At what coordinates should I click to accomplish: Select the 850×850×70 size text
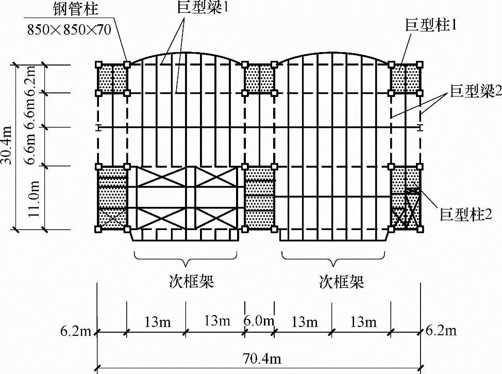pos(68,30)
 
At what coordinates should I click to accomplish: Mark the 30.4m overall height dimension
pos(7,147)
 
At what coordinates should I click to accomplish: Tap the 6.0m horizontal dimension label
pos(259,321)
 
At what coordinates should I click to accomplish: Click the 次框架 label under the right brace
pos(341,282)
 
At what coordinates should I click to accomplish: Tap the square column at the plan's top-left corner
pos(98,64)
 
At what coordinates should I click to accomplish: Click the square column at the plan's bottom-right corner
pos(420,229)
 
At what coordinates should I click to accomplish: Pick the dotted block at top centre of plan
pos(259,79)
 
